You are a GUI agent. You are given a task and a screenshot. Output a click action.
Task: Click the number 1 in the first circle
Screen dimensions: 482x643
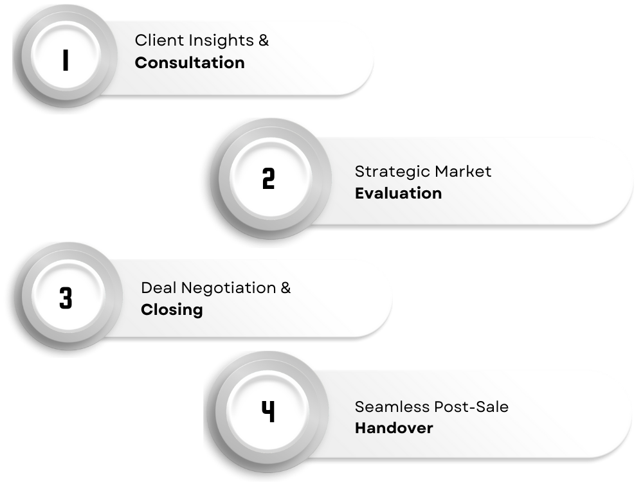click(x=66, y=60)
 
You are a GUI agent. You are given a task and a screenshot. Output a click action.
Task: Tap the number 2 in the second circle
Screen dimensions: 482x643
click(x=268, y=179)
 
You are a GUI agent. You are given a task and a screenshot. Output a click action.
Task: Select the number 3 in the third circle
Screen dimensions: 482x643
click(x=66, y=299)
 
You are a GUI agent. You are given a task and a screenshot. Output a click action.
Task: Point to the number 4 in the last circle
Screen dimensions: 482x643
click(x=268, y=411)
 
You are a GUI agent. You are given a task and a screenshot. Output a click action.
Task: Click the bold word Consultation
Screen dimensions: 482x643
click(x=190, y=63)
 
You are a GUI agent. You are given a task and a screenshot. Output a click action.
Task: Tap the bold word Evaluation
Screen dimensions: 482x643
click(x=398, y=193)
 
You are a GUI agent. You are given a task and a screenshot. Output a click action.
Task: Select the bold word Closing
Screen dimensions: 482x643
click(x=172, y=310)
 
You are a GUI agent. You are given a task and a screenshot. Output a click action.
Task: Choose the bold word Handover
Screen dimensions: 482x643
click(x=394, y=428)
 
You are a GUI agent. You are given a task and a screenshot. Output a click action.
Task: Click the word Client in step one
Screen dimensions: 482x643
click(x=153, y=40)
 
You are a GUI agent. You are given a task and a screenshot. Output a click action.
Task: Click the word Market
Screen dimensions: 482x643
click(x=463, y=172)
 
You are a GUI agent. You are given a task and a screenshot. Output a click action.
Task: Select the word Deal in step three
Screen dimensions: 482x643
click(x=155, y=288)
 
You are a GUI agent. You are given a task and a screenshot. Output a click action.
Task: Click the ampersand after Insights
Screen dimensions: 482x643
click(x=264, y=40)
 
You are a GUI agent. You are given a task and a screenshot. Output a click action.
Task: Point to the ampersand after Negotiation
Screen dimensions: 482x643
click(x=285, y=288)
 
